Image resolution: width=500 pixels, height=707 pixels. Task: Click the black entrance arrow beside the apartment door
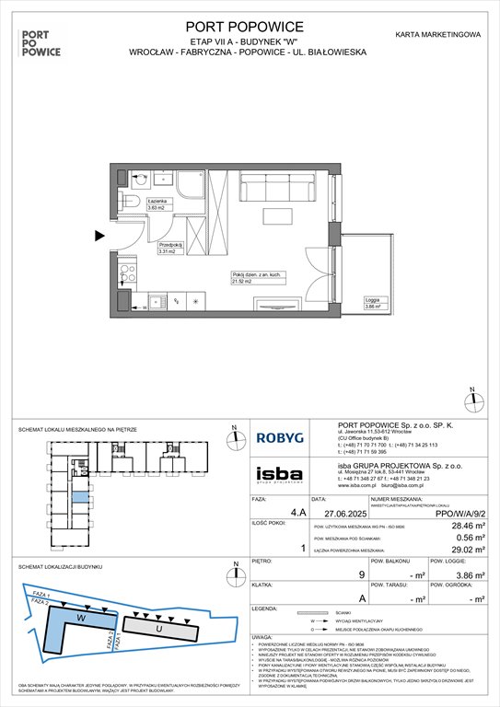click(x=99, y=237)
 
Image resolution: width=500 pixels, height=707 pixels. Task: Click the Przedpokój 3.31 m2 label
click(x=171, y=247)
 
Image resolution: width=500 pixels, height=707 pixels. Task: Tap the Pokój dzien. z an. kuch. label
click(x=251, y=277)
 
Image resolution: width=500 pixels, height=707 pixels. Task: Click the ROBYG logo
click(x=285, y=440)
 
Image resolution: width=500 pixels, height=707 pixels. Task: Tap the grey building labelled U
click(x=167, y=628)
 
